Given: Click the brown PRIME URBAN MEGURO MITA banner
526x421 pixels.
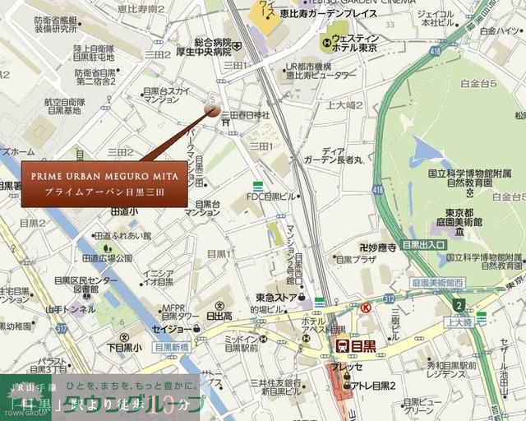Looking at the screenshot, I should [x=104, y=183].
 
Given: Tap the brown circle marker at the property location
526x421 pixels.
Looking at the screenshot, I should [x=212, y=110].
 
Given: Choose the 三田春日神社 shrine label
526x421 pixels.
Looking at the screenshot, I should [x=245, y=115].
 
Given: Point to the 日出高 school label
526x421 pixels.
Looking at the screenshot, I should [x=219, y=315].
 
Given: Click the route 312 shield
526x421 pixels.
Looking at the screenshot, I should [x=389, y=298].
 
